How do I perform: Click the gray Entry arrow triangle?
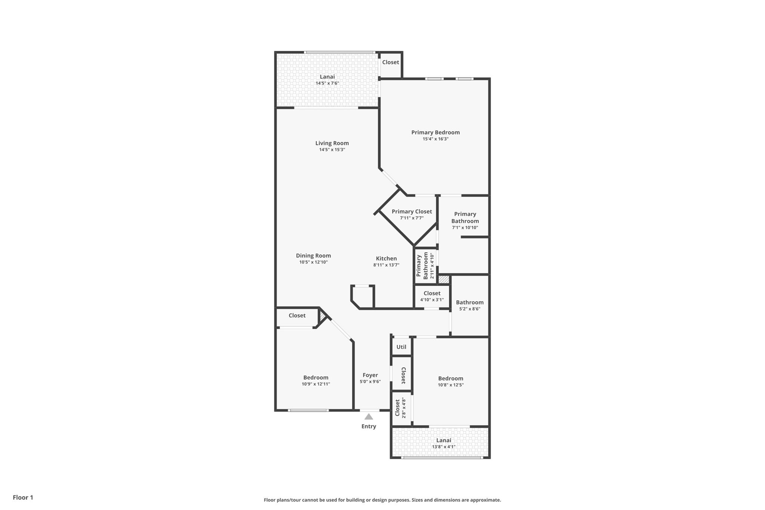coord(369,417)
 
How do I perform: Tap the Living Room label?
coord(332,143)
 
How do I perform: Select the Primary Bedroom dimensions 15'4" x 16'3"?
coord(436,139)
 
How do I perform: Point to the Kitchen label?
coord(386,259)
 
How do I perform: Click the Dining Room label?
coord(313,256)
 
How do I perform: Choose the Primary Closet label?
coord(412,211)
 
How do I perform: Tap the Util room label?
coord(401,347)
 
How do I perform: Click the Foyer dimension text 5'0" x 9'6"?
coord(370,382)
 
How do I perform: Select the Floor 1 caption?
coord(23,497)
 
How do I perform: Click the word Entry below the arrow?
coord(369,426)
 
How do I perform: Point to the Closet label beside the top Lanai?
coord(390,62)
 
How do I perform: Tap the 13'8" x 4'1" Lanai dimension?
coord(444,447)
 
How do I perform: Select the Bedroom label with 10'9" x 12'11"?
coord(316,377)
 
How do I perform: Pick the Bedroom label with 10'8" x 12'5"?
coord(451,378)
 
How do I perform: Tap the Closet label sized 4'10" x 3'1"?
coord(432,293)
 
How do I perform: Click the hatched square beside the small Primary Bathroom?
coord(443,279)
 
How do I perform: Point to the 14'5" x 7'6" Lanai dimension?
coord(327,83)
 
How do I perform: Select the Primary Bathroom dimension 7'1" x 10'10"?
coord(465,228)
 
